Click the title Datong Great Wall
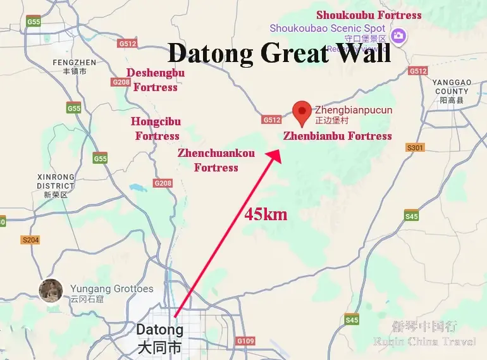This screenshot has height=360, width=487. [x=278, y=53]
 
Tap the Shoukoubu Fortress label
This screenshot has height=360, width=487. [x=369, y=15]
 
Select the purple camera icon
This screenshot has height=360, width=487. [x=398, y=35]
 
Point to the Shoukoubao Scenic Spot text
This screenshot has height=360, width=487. [x=328, y=28]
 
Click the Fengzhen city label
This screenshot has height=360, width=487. [x=74, y=66]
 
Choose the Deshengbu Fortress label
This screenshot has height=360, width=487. [x=156, y=80]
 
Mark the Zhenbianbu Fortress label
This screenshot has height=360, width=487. [x=337, y=136]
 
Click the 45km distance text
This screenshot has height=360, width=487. [x=266, y=214]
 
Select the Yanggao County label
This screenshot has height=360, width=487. [x=452, y=91]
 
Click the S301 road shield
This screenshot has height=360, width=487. [x=415, y=147]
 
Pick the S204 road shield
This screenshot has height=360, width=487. [x=30, y=240]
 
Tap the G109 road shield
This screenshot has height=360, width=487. [x=245, y=341]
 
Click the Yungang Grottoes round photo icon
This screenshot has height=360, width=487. [x=51, y=290]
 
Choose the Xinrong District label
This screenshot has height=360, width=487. [x=56, y=185]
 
